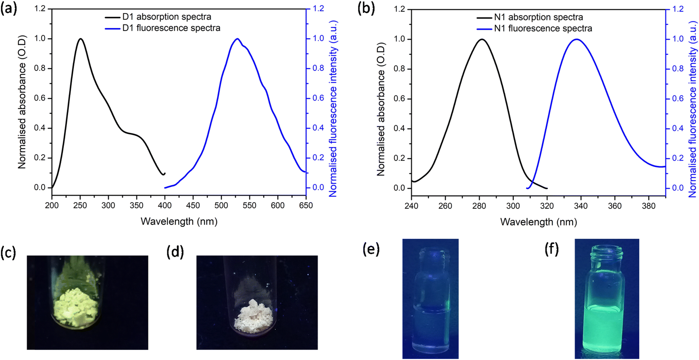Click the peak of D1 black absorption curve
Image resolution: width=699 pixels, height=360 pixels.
click(x=81, y=39)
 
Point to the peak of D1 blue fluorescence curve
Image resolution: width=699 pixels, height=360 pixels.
click(x=237, y=39)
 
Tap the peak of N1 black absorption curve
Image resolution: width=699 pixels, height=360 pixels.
click(x=482, y=39)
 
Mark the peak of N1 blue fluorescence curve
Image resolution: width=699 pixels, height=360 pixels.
click(x=576, y=39)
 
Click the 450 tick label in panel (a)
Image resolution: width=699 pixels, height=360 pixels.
click(x=193, y=205)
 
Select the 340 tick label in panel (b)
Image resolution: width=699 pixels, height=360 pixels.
click(x=581, y=206)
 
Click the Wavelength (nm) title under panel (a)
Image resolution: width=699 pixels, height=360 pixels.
click(x=179, y=221)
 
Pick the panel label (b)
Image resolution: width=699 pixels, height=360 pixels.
click(x=366, y=8)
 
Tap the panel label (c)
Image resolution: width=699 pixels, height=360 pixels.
click(x=8, y=252)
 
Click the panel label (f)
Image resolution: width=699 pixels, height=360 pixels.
click(x=552, y=249)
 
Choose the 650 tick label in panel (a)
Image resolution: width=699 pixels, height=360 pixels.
click(x=306, y=205)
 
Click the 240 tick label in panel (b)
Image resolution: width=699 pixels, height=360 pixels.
click(x=411, y=206)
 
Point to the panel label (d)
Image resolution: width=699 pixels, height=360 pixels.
click(x=175, y=251)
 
